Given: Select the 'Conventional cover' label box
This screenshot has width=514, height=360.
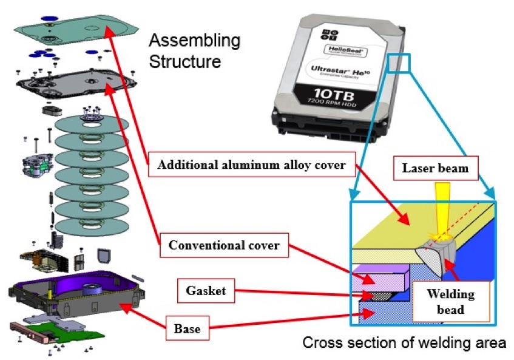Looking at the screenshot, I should coord(224,246).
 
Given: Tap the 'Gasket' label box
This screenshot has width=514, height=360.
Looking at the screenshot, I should coord(206,291).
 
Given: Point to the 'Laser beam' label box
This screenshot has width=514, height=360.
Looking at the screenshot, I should coord(435,168).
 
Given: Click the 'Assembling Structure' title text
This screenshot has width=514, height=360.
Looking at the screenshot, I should coord(194,52).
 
